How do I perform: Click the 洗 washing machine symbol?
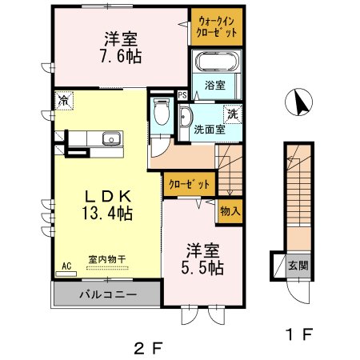pos(233,114)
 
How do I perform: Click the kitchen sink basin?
pos(110,142)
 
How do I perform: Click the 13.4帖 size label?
pos(105,214)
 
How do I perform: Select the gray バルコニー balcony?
pos(107,294)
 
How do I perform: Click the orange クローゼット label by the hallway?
pos(189,184)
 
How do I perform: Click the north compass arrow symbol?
pos(298,103)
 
